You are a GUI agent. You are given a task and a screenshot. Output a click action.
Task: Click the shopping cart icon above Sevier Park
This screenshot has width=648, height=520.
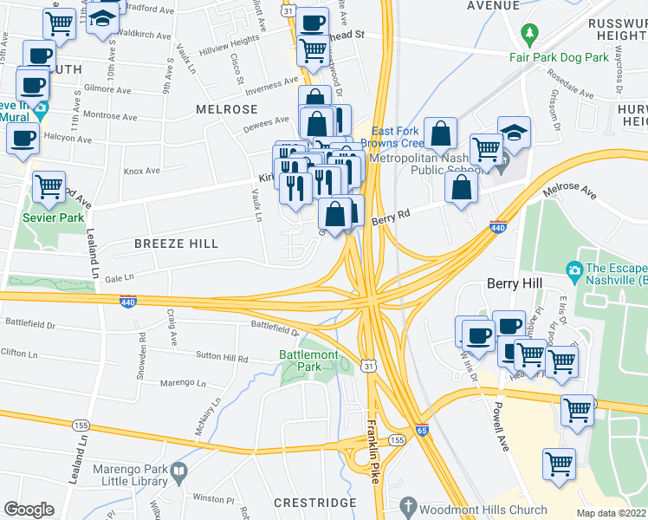(49, 186)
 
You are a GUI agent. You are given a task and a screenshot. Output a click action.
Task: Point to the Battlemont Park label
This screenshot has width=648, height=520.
(306, 361)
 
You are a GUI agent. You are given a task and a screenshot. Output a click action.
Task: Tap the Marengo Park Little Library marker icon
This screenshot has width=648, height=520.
(178, 472)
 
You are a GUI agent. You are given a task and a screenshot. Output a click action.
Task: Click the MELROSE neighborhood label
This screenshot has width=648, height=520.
(227, 109)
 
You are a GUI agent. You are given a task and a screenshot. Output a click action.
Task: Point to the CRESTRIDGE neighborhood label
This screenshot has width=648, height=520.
(314, 503)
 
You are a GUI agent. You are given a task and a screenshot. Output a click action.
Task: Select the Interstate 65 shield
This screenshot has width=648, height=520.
(421, 430)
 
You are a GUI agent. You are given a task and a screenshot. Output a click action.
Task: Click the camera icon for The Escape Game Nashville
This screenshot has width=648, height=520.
(573, 271)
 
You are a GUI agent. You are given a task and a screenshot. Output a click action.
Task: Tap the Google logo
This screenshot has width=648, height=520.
(29, 509)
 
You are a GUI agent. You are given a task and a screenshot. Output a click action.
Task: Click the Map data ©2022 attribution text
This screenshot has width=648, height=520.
(612, 513)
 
